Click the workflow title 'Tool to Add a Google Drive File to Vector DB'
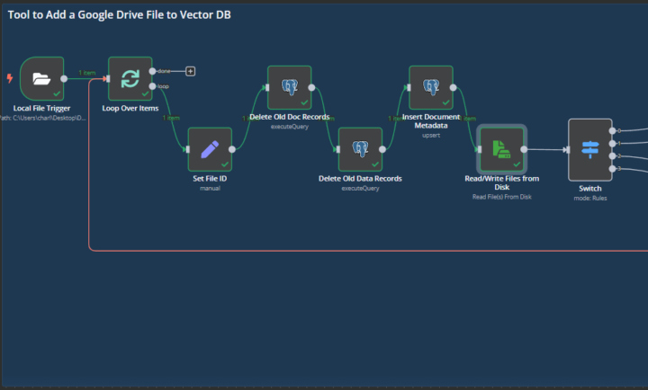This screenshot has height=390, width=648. click(x=119, y=15)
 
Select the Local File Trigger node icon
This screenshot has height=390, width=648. click(x=41, y=78)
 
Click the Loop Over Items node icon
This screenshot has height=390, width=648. click(x=130, y=78)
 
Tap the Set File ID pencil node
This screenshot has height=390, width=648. click(x=209, y=148)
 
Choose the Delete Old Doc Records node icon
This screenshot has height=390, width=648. click(x=289, y=87)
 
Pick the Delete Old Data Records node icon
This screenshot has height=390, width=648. click(x=360, y=148)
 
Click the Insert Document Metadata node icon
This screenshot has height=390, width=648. click(x=430, y=87)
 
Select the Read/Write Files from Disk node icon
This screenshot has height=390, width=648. click(x=500, y=148)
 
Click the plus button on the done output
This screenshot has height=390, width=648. click(x=190, y=70)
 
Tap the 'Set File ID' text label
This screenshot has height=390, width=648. click(x=210, y=178)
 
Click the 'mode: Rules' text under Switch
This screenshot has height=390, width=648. click(x=590, y=197)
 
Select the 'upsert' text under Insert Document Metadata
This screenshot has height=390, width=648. click(x=430, y=135)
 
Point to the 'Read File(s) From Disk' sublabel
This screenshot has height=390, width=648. click(x=501, y=196)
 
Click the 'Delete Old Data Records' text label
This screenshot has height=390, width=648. click(x=360, y=178)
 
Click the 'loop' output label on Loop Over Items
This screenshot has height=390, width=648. click(x=164, y=86)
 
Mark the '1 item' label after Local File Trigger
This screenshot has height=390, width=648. click(x=87, y=73)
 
